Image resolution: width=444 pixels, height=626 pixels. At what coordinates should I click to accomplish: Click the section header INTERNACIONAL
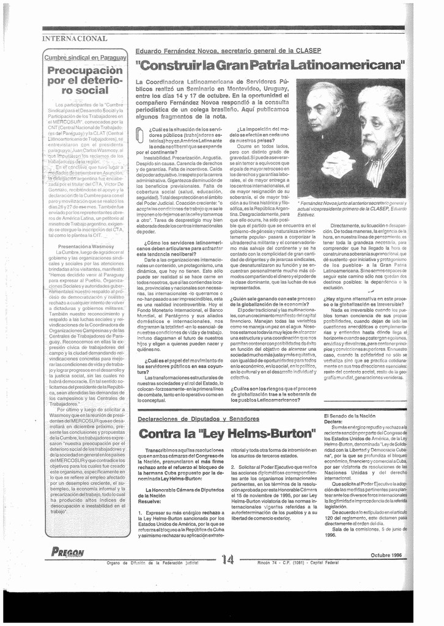pyautogui.click(x=75, y=39)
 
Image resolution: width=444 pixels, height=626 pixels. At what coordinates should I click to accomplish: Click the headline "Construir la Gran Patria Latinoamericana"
pyautogui.click(x=270, y=64)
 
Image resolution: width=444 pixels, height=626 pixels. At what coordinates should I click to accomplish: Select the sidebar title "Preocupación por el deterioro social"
pyautogui.click(x=85, y=80)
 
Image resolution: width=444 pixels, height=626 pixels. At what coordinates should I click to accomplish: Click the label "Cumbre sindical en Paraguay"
pyautogui.click(x=85, y=57)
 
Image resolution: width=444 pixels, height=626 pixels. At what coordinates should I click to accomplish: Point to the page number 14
pyautogui.click(x=228, y=559)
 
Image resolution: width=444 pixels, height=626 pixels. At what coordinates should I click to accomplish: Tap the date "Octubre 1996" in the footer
pyautogui.click(x=385, y=554)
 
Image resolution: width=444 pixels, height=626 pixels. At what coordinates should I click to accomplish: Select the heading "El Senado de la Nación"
pyautogui.click(x=350, y=416)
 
